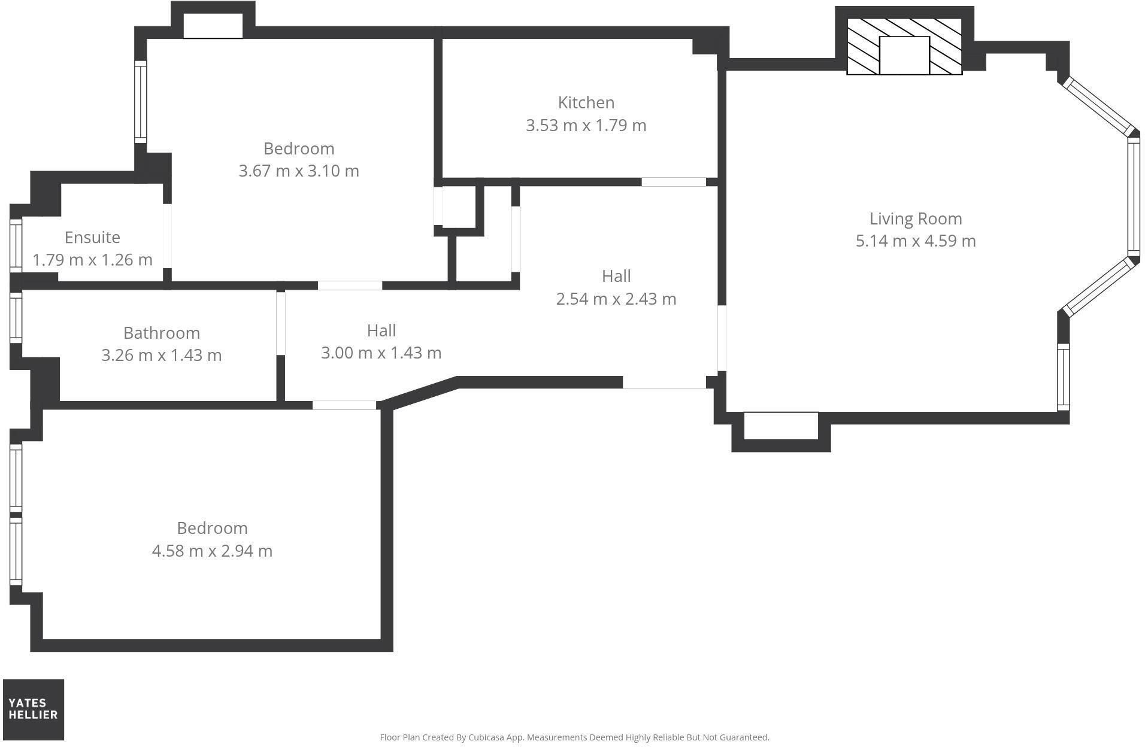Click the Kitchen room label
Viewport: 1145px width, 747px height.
[586, 103]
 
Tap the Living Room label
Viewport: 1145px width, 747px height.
[916, 219]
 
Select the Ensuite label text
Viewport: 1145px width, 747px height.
[92, 238]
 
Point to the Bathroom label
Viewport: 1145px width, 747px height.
[162, 333]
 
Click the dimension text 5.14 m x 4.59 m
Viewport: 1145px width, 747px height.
[916, 241]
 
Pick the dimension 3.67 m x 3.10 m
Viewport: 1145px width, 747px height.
[299, 171]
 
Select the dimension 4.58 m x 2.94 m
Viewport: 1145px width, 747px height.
[212, 551]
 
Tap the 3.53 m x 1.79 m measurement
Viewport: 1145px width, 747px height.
[586, 126]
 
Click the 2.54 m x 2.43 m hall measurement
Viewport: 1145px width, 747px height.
[616, 299]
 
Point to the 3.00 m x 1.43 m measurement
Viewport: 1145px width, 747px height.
[381, 353]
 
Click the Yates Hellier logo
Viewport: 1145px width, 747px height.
[34, 709]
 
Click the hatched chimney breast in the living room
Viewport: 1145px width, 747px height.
[904, 47]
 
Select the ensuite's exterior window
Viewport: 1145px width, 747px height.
[16, 246]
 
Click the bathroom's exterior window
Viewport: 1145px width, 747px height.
[16, 317]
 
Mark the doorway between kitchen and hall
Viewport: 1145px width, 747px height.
[674, 182]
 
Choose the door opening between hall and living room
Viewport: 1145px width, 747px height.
[722, 338]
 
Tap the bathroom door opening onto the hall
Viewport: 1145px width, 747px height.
[280, 323]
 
